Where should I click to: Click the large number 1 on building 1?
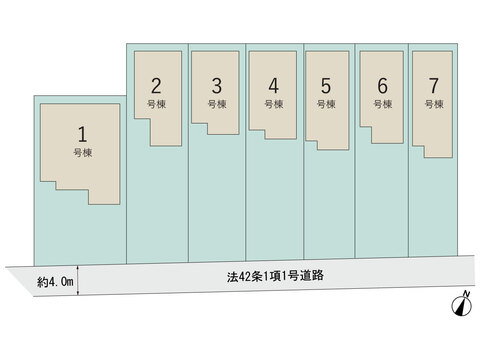pos(82,134)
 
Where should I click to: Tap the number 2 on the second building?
pos(156,86)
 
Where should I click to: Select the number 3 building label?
pos(217,86)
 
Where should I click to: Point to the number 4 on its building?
pos(274,86)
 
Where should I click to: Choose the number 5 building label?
pos(326,86)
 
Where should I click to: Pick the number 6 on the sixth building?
pos(383,86)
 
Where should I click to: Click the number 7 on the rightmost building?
pos(434,86)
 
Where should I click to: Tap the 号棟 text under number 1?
pos(83,153)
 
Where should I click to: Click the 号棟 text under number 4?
pos(274,104)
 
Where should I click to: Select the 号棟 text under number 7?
pos(434,104)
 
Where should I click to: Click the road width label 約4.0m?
pos(55,282)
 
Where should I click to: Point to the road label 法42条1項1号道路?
pos(275,276)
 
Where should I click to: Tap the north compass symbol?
pos(462,306)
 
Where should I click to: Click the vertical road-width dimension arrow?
pos(78,280)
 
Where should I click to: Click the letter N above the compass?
pos(467,294)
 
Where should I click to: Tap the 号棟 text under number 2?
pos(157,104)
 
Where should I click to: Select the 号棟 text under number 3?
pos(217,104)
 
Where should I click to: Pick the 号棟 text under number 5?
pos(326,104)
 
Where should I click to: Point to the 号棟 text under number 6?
pos(383,104)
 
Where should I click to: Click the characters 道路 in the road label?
pos(312,276)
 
